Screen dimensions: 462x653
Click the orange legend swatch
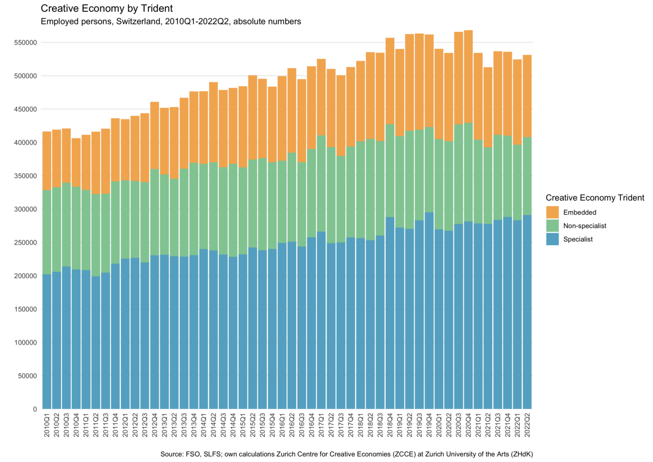point(552,212)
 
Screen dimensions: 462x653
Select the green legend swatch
point(552,226)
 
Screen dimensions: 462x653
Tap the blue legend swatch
point(552,239)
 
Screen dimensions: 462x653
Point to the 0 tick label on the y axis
point(35,409)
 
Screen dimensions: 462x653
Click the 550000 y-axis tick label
point(26,42)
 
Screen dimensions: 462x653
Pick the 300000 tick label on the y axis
point(26,209)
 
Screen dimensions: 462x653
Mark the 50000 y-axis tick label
point(28,376)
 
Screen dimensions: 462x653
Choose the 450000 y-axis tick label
point(26,109)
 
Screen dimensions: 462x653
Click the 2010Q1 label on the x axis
point(46,425)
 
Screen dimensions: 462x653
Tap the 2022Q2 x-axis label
point(528,425)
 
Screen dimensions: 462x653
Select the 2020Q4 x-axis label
point(468,425)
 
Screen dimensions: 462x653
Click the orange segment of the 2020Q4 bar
point(468,76)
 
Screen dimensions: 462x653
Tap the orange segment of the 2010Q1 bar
point(46,161)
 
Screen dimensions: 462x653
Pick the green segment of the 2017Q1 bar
point(321,184)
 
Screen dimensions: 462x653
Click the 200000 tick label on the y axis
point(26,276)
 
